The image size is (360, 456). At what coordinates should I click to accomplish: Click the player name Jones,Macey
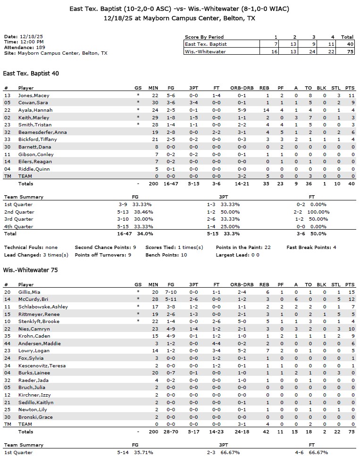(x=33, y=95)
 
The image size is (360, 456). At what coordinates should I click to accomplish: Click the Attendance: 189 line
(x=25, y=47)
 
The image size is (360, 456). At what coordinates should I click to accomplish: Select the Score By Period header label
(x=204, y=37)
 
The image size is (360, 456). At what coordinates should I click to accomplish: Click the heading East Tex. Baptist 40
(x=31, y=74)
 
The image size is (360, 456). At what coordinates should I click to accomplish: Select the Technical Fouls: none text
(x=31, y=248)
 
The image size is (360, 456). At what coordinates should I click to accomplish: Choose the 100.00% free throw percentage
(x=319, y=212)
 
